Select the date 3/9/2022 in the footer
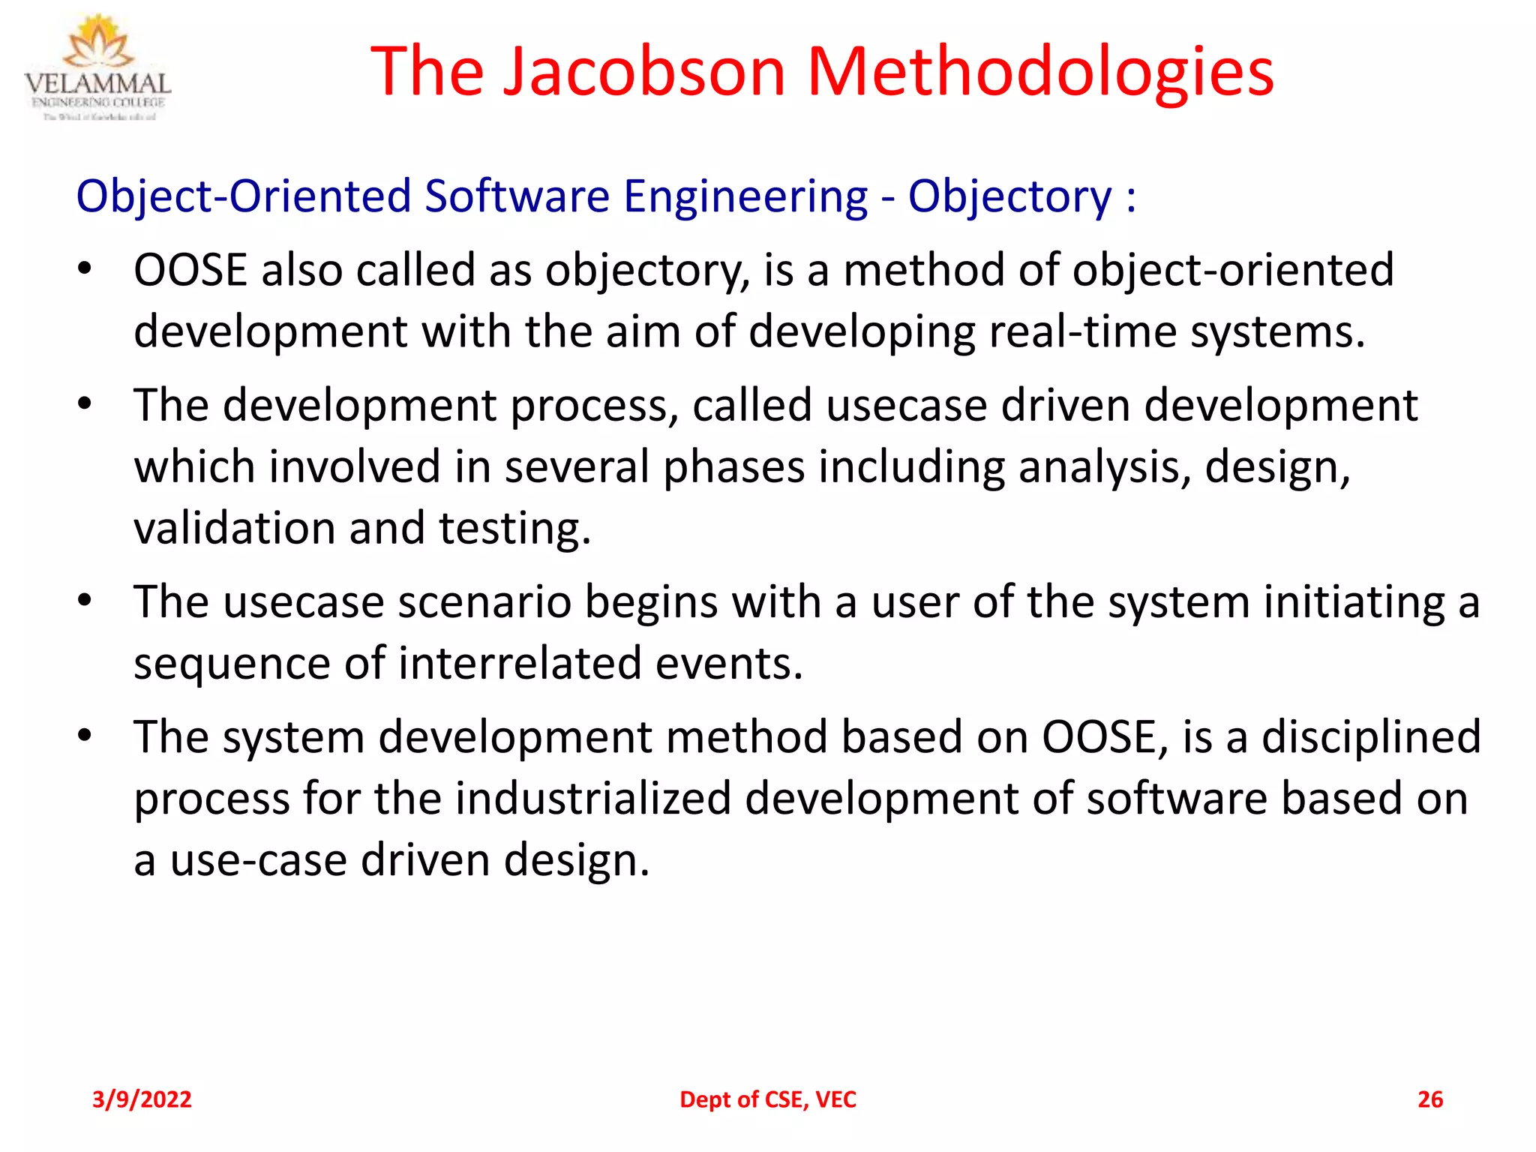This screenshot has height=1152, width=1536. pos(142,1099)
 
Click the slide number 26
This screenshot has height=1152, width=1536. pos(1429,1099)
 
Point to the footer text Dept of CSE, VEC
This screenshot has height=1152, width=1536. pos(767,1099)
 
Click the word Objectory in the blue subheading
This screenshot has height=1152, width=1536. pos(1009,196)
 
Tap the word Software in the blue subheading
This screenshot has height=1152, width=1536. pos(517,196)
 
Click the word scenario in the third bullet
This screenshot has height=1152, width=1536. pos(484,602)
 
